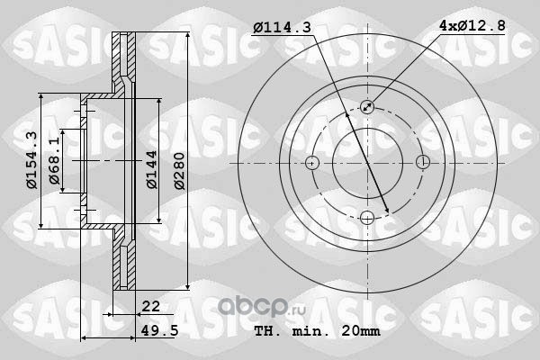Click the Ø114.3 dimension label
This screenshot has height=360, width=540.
[282, 27]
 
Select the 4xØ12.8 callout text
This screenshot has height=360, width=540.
[472, 25]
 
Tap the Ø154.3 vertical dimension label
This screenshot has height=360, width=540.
[32, 160]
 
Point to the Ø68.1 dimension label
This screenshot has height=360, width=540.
[54, 161]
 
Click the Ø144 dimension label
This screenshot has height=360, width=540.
[152, 169]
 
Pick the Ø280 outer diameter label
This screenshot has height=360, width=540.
[179, 171]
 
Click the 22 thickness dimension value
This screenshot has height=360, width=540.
[151, 306]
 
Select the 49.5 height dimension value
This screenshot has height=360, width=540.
[160, 330]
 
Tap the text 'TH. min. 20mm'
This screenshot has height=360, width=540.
[317, 331]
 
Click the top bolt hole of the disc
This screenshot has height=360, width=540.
[367, 107]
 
